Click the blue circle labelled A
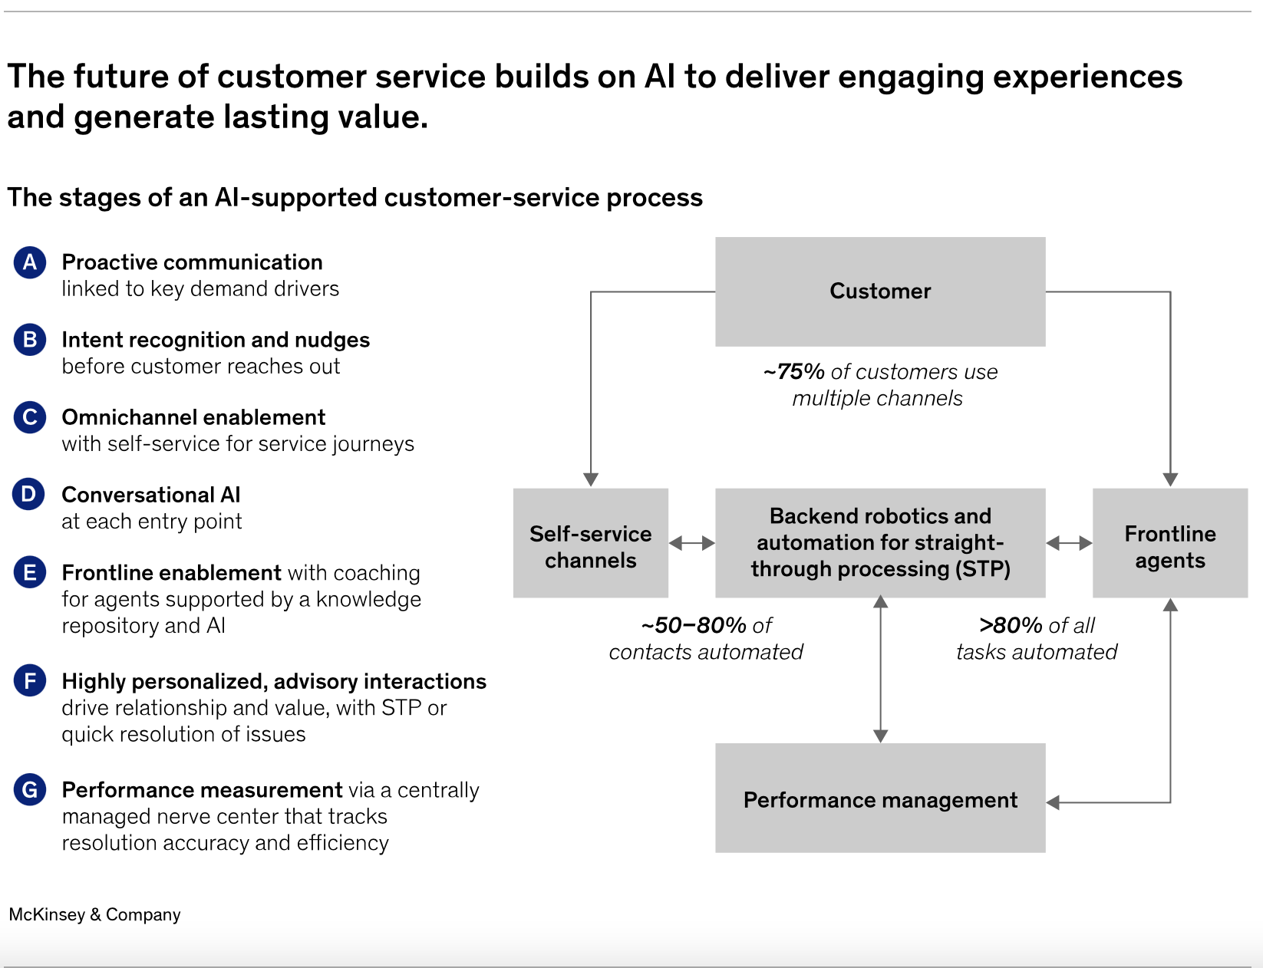pyautogui.click(x=30, y=262)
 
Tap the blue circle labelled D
pyautogui.click(x=28, y=495)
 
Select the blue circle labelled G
pyautogui.click(x=30, y=789)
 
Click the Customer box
pyautogui.click(x=880, y=291)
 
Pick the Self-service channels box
pyautogui.click(x=591, y=543)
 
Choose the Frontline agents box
pyautogui.click(x=1170, y=543)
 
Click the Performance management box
pyautogui.click(x=880, y=798)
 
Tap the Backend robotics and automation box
pyautogui.click(x=880, y=543)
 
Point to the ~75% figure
pyautogui.click(x=794, y=372)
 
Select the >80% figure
pyautogui.click(x=1011, y=626)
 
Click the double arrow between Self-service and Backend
pyautogui.click(x=691, y=543)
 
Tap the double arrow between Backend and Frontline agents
pyautogui.click(x=1069, y=543)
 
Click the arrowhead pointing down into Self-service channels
pyautogui.click(x=591, y=480)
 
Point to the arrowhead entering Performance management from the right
pyautogui.click(x=1053, y=802)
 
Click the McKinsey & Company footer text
pyautogui.click(x=94, y=914)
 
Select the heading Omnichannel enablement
pyautogui.click(x=193, y=417)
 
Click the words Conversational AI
pyautogui.click(x=151, y=495)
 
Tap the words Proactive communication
pyautogui.click(x=193, y=262)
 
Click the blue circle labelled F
pyautogui.click(x=30, y=680)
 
